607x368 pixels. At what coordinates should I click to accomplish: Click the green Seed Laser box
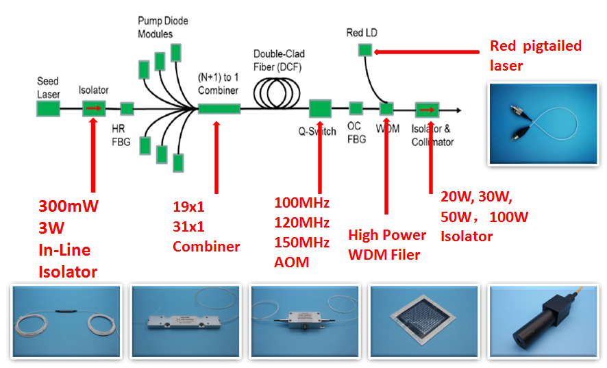[x=49, y=108]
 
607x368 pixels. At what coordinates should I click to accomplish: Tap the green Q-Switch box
[x=320, y=108]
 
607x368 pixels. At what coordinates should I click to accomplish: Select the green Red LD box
[x=364, y=49]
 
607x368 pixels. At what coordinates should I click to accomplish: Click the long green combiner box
[x=219, y=108]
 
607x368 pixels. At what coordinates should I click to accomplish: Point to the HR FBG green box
[x=127, y=108]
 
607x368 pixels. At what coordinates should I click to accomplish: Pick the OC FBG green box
[x=356, y=108]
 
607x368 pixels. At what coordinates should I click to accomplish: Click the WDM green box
[x=386, y=108]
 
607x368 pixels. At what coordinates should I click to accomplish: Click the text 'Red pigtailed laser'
[x=535, y=56]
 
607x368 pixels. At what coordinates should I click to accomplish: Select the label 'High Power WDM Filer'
[x=387, y=245]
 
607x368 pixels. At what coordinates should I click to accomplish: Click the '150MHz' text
[x=301, y=243]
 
